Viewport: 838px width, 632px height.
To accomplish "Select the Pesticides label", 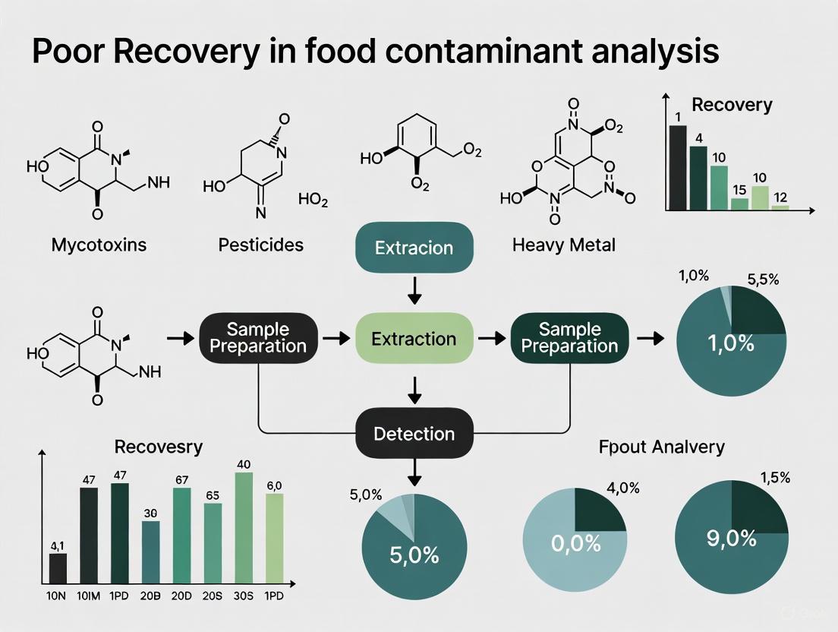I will tap(260, 245).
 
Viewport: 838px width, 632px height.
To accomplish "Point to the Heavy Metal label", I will tap(564, 245).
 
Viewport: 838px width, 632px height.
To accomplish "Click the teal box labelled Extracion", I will tap(414, 248).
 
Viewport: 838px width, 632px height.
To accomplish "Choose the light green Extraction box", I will tap(414, 339).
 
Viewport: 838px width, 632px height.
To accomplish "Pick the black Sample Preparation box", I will tap(258, 338).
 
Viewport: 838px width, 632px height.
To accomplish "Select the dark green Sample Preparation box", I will tap(570, 338).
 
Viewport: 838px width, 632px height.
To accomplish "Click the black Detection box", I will tap(414, 434).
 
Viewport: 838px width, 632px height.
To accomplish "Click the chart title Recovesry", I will tap(159, 447).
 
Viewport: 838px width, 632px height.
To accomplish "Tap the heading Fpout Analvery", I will tap(661, 447).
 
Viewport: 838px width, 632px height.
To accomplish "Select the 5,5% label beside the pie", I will tap(762, 280).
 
